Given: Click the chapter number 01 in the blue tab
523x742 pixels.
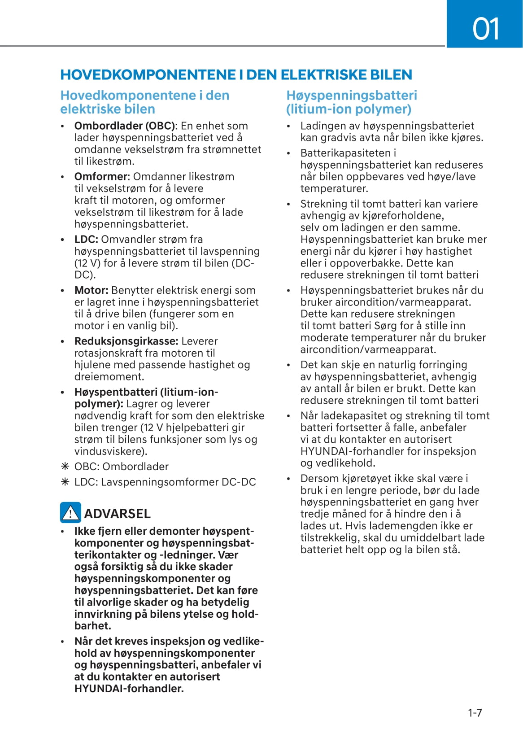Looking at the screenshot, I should point(486,29).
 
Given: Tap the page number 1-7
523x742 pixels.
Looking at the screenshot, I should point(475,713).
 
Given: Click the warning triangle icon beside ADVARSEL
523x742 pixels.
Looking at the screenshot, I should point(70,513).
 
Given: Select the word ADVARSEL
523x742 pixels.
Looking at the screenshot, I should point(117,514).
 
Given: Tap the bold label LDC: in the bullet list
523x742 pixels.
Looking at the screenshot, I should point(86,240).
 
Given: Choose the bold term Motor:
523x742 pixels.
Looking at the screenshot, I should point(91,291).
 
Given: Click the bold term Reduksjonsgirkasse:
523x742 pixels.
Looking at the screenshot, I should point(126,341).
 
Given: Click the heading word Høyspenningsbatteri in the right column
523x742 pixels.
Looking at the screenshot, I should point(352,96).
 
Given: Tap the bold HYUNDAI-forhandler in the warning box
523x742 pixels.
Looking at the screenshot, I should point(129,689).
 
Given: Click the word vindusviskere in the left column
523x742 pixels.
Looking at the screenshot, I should point(110,451).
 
